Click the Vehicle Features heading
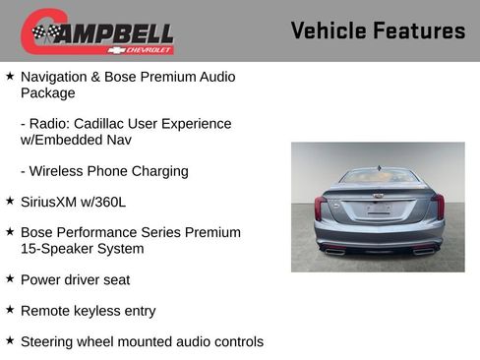tap(378, 30)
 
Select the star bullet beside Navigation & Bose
tap(10, 76)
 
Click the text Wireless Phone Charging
tap(103, 171)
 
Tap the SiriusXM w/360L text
tap(73, 202)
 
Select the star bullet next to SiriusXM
tap(10, 201)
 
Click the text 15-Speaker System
tap(82, 249)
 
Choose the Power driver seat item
tap(75, 280)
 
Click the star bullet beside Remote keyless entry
tap(10, 310)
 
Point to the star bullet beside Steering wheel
tap(10, 341)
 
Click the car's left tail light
tap(321, 207)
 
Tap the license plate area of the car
tap(379, 210)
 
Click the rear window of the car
tap(379, 177)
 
